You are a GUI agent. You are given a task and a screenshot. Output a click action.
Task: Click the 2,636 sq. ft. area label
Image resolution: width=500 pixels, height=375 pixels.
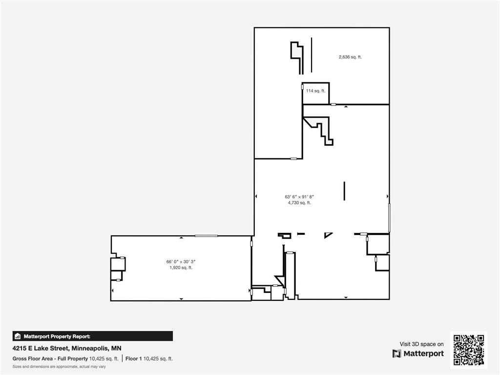tap(350, 57)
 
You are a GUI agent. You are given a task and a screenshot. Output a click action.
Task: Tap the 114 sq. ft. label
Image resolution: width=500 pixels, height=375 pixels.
tap(315, 91)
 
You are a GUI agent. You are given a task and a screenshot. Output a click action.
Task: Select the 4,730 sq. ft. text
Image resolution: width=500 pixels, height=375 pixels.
tap(299, 203)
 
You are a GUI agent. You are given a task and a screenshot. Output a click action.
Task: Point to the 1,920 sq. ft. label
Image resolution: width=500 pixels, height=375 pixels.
tap(181, 268)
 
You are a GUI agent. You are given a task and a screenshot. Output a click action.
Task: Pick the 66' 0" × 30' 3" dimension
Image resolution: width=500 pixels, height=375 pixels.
tap(181, 261)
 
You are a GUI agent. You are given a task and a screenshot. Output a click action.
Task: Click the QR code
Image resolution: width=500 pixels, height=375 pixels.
tap(469, 350)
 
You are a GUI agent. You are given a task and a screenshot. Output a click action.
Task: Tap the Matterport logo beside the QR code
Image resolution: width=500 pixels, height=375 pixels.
tap(418, 354)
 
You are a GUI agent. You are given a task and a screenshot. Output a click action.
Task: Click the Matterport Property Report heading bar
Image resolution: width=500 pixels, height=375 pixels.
tap(93, 336)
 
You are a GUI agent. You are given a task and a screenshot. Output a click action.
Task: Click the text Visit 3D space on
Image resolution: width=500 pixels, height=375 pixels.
tap(421, 344)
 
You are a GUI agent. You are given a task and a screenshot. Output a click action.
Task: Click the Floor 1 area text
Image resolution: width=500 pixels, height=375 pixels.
tap(149, 359)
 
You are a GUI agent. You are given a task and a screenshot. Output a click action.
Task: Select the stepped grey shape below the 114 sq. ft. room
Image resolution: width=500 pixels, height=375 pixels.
tap(322, 128)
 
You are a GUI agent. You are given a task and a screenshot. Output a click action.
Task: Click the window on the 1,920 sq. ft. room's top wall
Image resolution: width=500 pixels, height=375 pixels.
tap(206, 236)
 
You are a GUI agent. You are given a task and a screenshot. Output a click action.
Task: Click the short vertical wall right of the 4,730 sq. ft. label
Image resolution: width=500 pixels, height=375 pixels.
tap(344, 191)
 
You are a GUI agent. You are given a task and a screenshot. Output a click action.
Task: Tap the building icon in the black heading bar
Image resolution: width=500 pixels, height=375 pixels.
tap(18, 336)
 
